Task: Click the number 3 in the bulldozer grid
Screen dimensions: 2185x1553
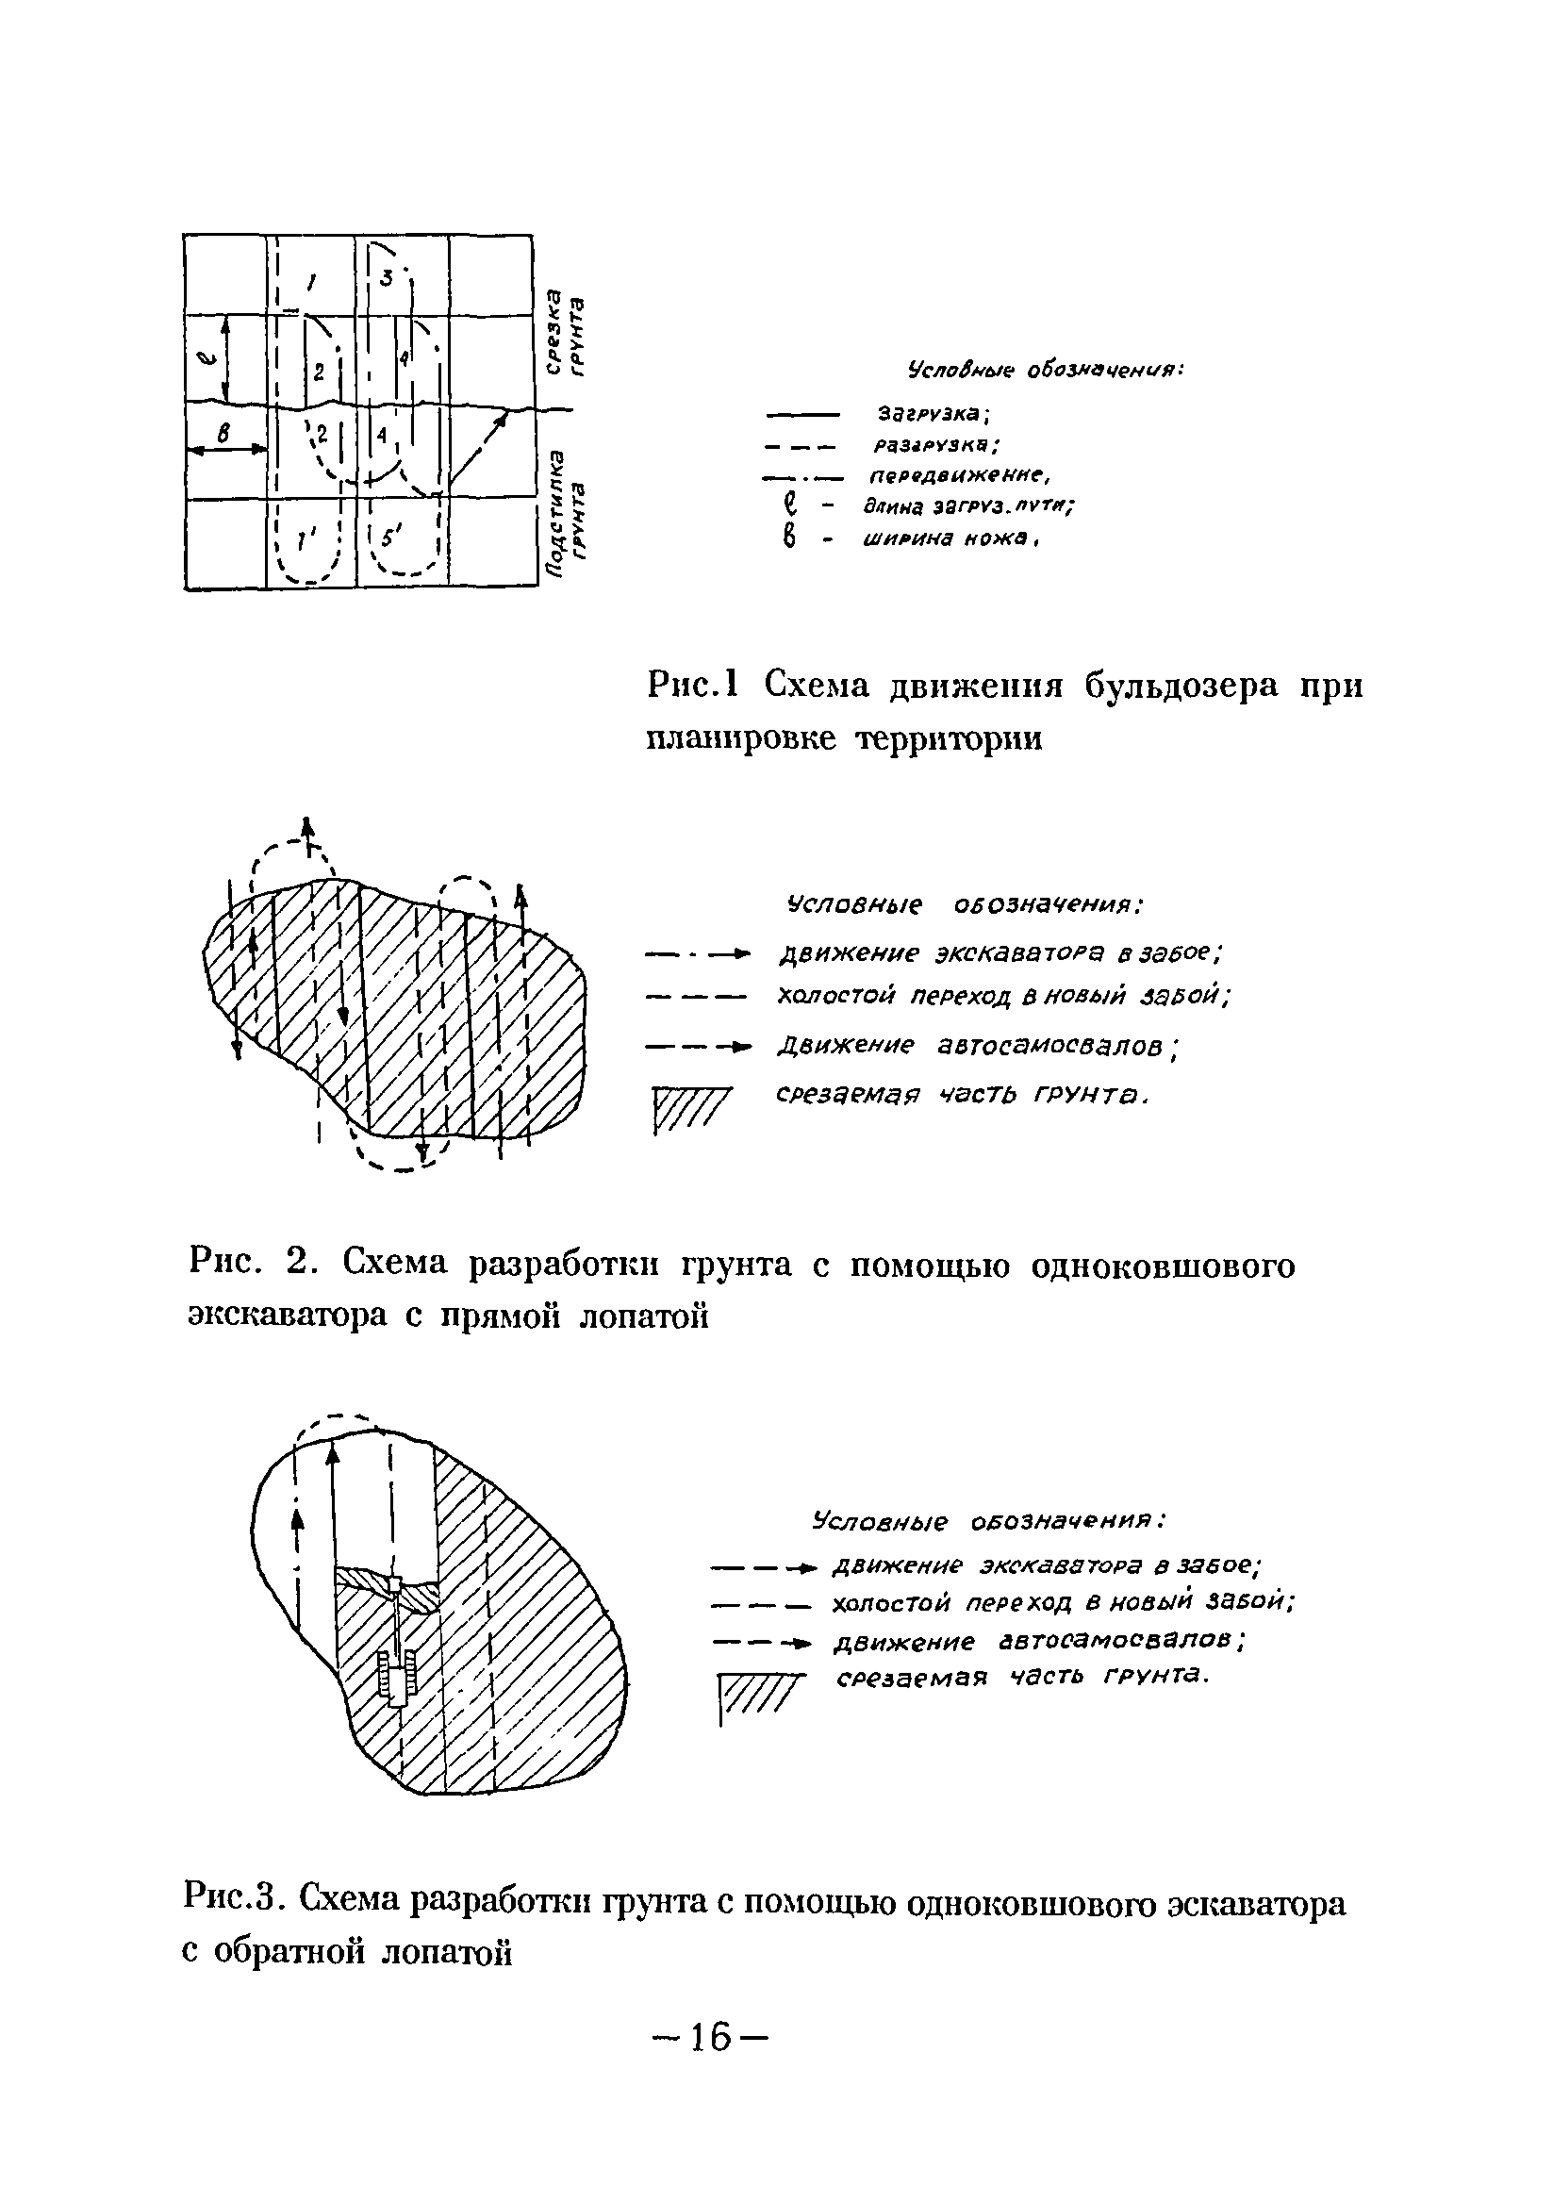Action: coord(387,278)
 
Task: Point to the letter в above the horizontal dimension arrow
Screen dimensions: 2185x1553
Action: coord(223,433)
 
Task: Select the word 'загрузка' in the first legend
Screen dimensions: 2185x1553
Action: coord(933,414)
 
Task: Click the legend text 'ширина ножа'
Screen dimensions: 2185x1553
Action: coord(950,540)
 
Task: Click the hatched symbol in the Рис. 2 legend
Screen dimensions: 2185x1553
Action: coord(691,1109)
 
